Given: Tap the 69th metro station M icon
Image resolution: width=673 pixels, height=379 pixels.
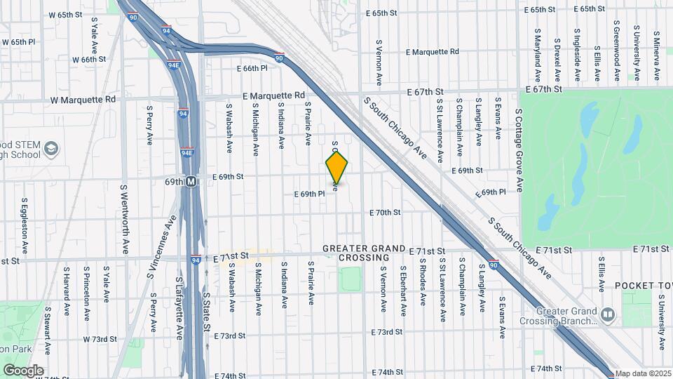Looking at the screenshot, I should (x=191, y=181).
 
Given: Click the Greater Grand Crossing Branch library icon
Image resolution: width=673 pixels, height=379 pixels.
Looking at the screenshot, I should (x=607, y=314).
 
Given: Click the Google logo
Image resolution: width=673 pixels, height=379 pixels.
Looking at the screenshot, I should (x=23, y=370).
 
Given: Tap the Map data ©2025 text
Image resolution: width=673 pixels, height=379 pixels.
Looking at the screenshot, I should (x=643, y=373).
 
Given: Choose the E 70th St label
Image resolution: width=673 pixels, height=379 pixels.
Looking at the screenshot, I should (x=385, y=212).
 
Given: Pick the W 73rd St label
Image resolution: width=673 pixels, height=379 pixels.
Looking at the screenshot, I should (x=100, y=339).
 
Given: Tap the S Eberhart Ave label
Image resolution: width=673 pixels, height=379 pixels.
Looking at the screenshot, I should (x=404, y=285).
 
